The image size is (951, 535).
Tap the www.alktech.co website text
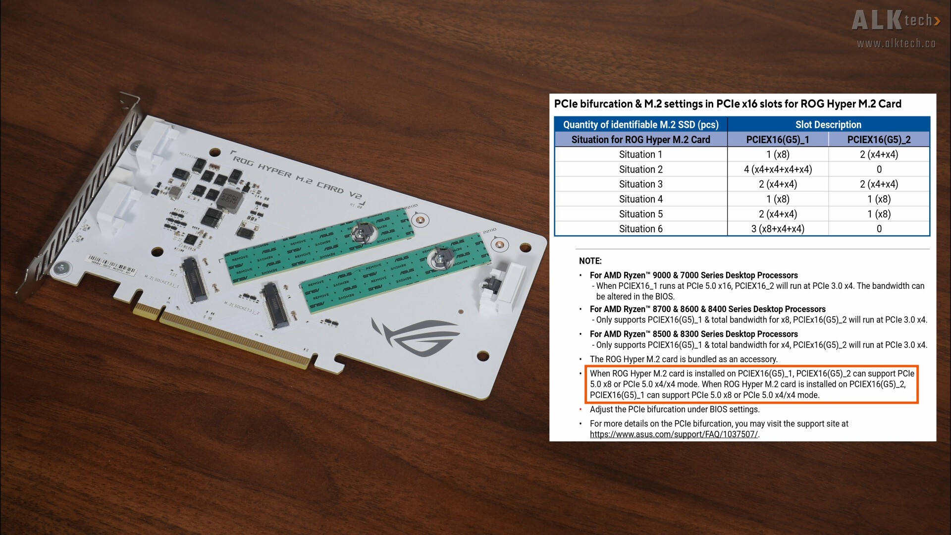pos(896,44)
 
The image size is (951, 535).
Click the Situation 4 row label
pos(640,199)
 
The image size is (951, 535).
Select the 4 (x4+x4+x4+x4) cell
pos(778,169)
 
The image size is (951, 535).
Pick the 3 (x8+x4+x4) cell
pos(778,229)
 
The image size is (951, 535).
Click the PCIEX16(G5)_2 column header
pos(879,140)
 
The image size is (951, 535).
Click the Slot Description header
pos(828,125)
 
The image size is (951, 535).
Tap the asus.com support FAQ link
pos(674,434)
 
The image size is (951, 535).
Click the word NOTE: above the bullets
pos(590,261)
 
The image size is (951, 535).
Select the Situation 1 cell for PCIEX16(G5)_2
pos(879,155)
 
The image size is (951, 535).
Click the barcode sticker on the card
pos(110,266)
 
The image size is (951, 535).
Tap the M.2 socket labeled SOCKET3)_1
pos(194,280)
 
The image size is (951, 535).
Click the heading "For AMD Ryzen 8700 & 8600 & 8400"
pos(707,309)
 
